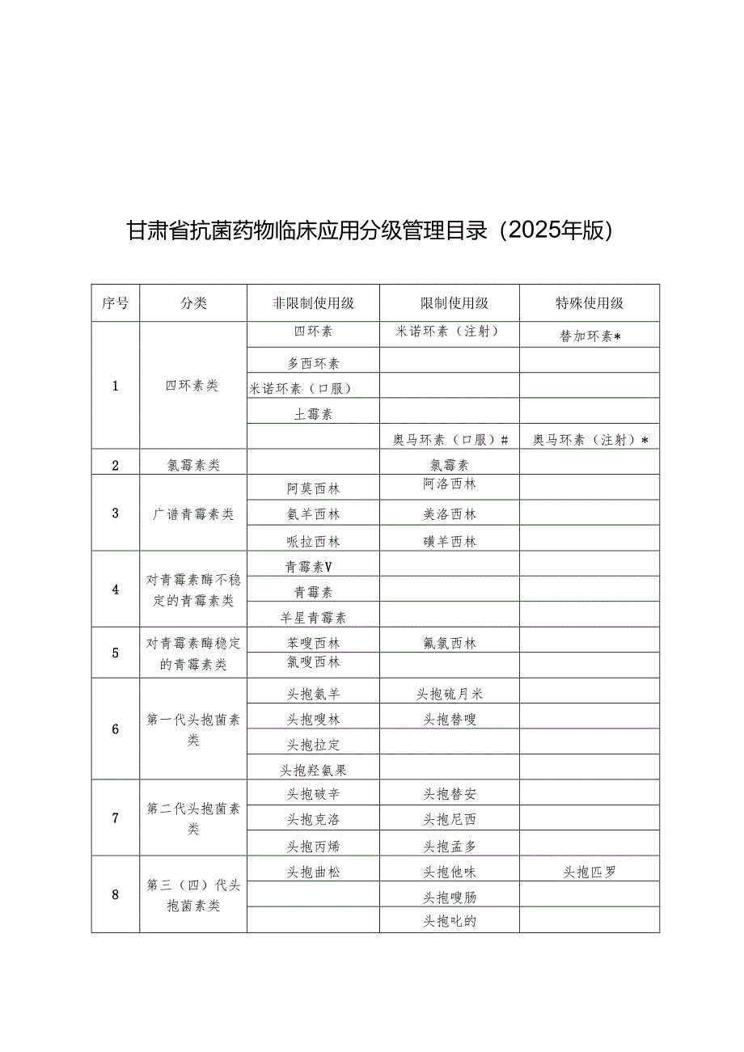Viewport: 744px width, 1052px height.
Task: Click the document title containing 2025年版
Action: [372, 231]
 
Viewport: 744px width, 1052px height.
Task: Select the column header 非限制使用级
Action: [313, 303]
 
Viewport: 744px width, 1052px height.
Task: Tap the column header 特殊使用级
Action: [589, 303]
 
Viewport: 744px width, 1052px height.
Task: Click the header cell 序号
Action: [115, 303]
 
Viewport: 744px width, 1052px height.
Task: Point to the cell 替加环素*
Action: [590, 336]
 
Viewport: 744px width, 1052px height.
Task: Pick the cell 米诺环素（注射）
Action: [449, 332]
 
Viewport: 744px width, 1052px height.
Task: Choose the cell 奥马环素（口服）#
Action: [450, 439]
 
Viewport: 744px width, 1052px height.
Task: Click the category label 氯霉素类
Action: [192, 464]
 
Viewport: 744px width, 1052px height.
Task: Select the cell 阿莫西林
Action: [313, 488]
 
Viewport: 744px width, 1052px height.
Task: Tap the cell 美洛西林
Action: [450, 514]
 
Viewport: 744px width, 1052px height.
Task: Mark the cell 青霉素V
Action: [313, 567]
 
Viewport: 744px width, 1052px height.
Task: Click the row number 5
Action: [115, 653]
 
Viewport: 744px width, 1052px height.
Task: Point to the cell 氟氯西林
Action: [450, 644]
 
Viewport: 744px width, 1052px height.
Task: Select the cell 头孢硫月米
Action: [450, 694]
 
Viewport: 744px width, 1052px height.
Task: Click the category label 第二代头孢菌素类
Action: [192, 818]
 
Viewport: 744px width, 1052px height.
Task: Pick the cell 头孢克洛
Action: [313, 819]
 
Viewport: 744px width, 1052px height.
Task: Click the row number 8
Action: [115, 894]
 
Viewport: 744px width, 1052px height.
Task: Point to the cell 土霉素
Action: [313, 414]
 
